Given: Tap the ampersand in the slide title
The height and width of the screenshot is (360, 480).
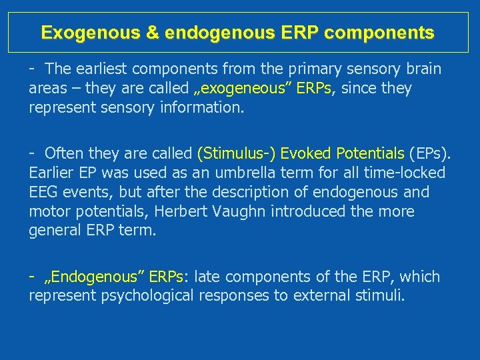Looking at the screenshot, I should click(x=154, y=32).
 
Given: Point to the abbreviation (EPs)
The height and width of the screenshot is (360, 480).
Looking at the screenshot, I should click(x=429, y=154).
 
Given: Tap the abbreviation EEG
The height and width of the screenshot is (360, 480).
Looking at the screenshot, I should click(x=44, y=192).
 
